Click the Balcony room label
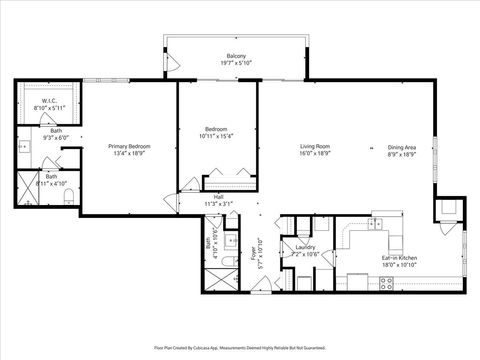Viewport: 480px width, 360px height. click(236, 56)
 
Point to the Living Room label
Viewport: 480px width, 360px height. click(315, 147)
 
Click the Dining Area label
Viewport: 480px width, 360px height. click(403, 147)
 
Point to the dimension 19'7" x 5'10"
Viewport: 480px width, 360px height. click(236, 63)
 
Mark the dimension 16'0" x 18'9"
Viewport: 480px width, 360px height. click(315, 154)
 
